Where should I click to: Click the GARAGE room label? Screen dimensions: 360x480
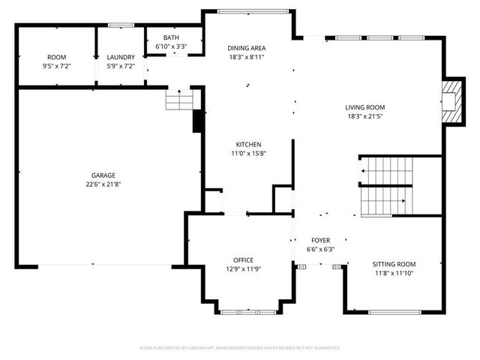93,175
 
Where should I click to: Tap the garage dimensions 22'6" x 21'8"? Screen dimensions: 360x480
93,184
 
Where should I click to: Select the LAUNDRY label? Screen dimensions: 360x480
121,57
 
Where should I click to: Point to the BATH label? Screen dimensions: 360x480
171,37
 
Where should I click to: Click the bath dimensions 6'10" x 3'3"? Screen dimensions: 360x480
171,46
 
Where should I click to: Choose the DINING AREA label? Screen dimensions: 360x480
247,47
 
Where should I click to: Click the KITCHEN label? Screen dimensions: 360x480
248,144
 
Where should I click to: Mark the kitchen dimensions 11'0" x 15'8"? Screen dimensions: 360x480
248,154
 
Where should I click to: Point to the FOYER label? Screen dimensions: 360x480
320,240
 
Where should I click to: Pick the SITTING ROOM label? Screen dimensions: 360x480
394,264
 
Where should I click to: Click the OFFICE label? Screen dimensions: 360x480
242,259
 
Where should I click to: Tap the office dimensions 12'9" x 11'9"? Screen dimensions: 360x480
242,269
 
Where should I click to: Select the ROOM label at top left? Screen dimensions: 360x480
57,57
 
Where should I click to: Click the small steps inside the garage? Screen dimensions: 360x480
179,99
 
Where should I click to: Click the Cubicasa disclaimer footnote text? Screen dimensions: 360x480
240,348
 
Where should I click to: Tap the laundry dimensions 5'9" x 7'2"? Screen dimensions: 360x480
121,67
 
